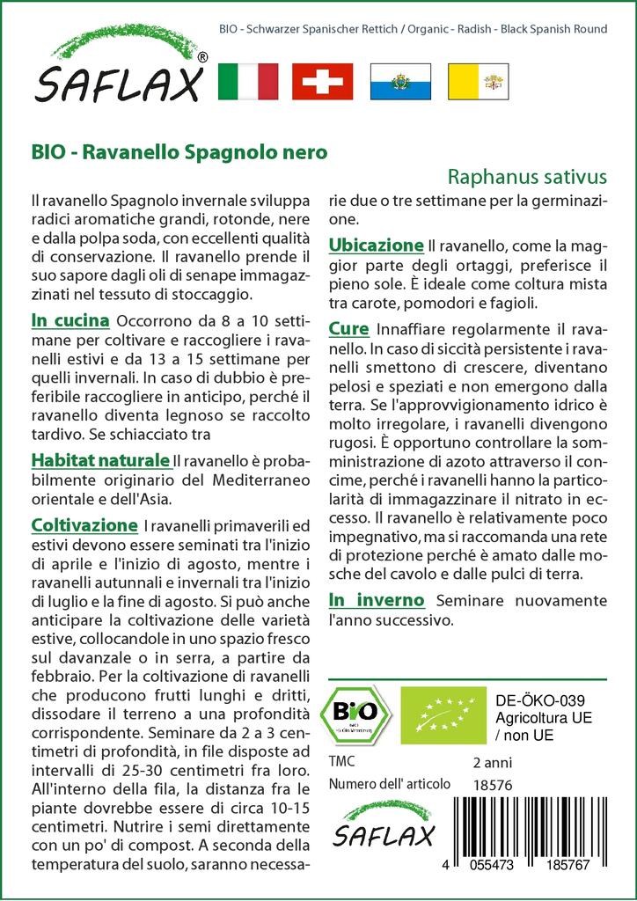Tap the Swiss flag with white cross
click(322, 81)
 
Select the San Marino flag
click(399, 81)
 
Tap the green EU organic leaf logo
click(442, 714)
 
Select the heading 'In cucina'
click(70, 320)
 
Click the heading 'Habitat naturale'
click(99, 460)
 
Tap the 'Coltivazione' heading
click(84, 525)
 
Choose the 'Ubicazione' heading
click(376, 245)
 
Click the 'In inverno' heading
click(377, 600)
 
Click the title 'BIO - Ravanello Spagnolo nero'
click(179, 151)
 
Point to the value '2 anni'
click(493, 762)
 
